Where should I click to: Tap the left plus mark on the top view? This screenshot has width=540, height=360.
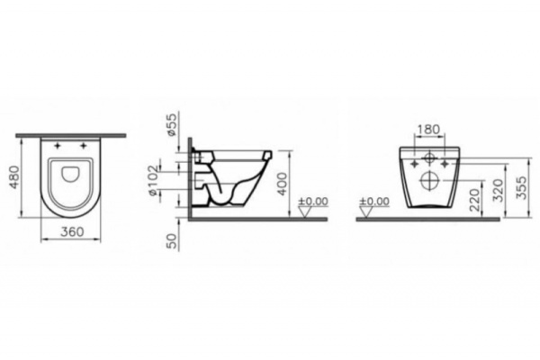(58, 145)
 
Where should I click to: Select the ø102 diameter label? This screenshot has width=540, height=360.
(171, 182)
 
